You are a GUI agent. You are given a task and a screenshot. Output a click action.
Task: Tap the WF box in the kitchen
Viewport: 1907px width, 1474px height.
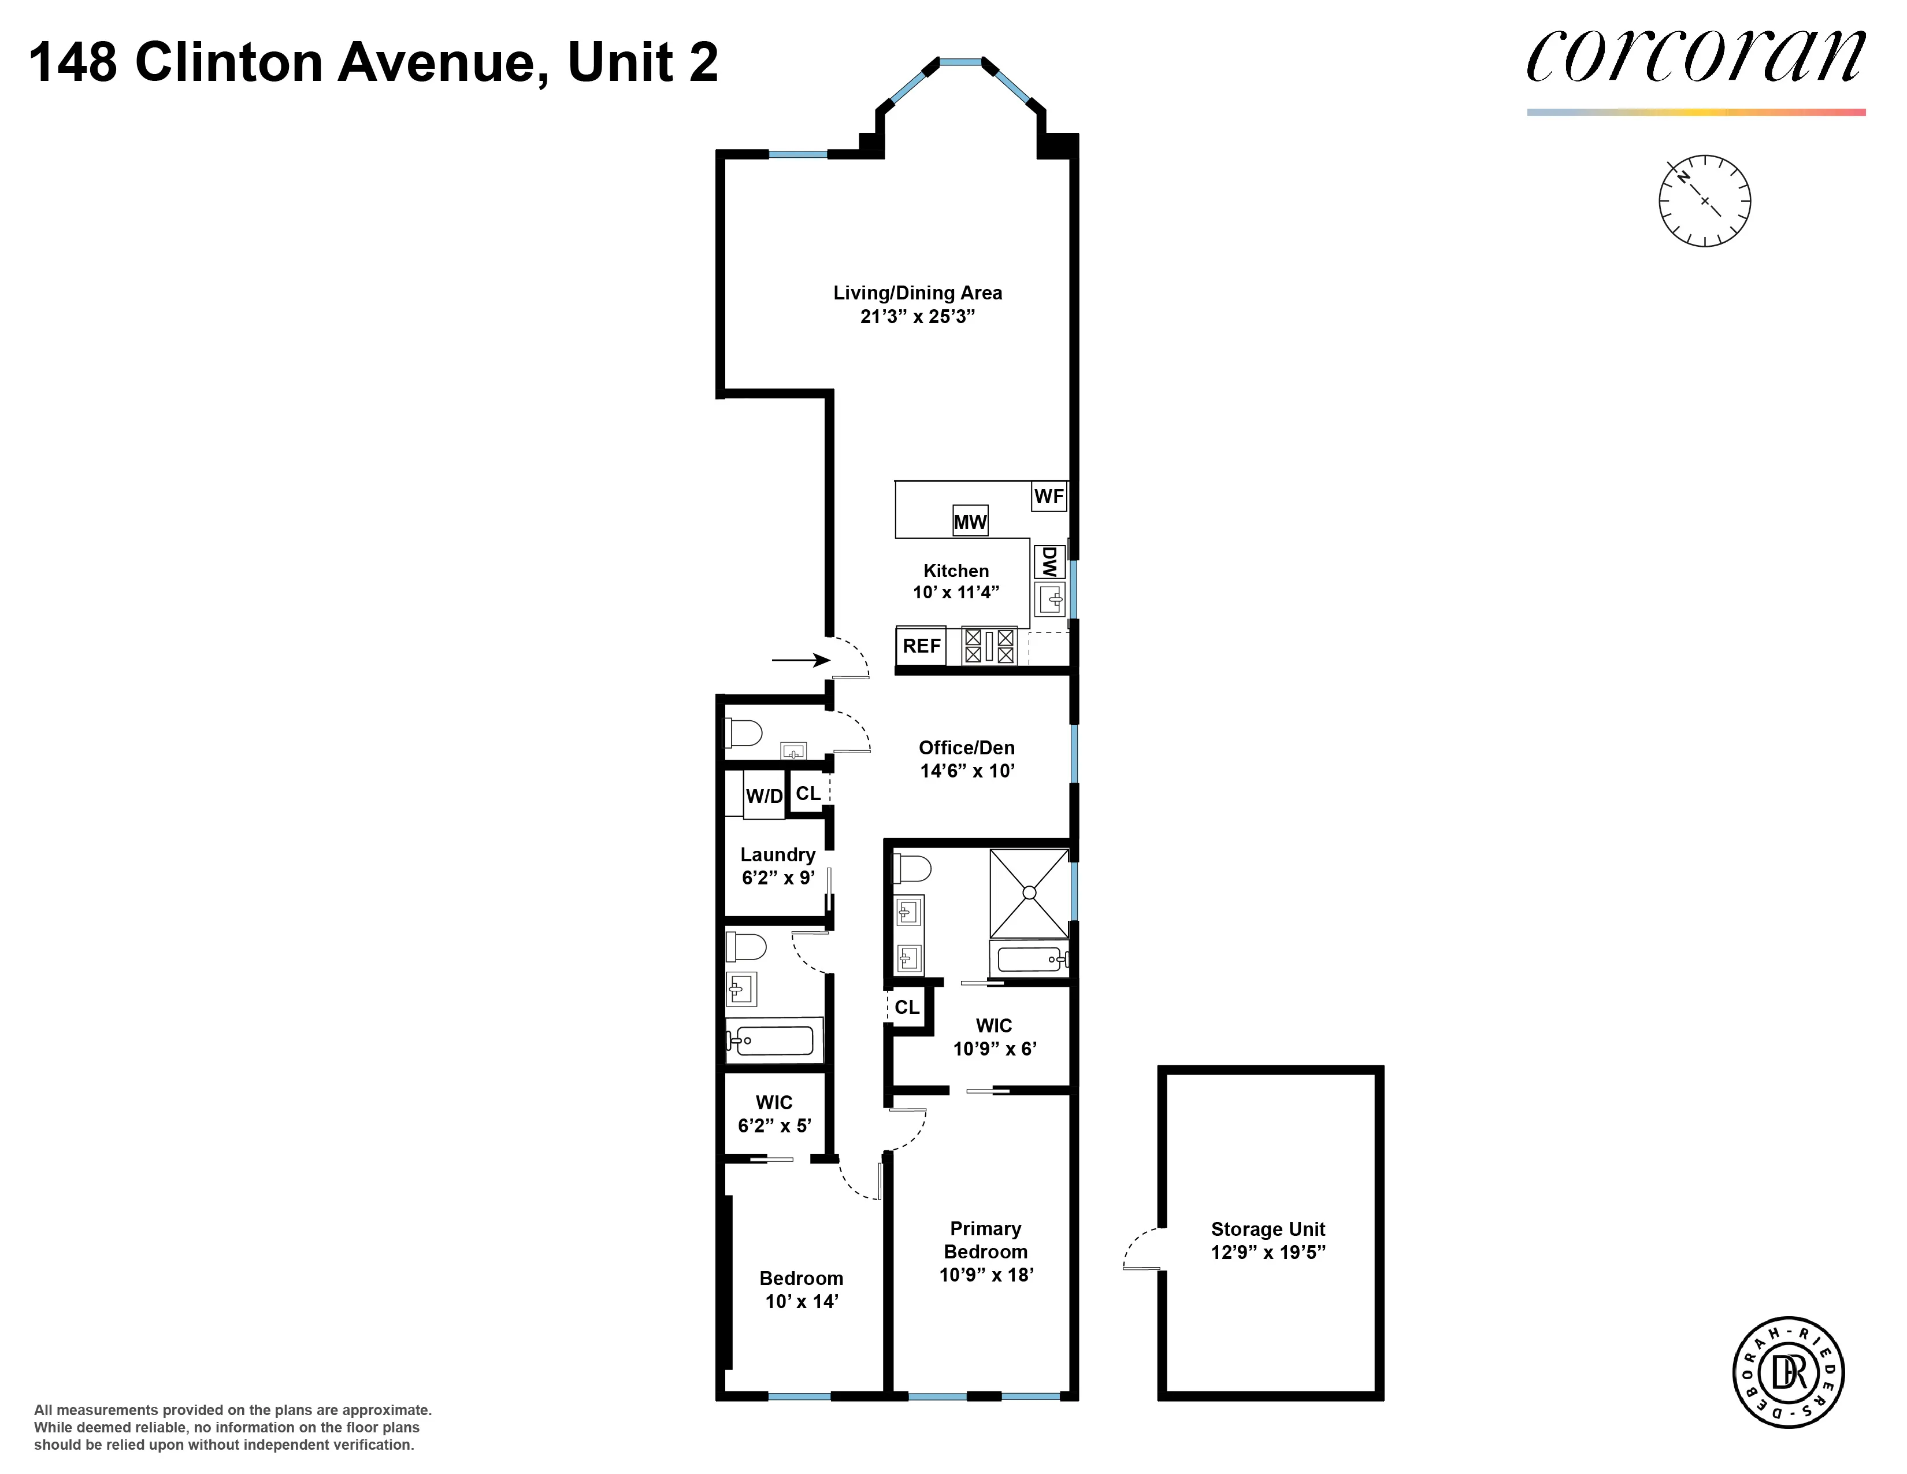[1049, 496]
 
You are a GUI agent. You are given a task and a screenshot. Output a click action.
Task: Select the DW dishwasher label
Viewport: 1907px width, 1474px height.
[1049, 561]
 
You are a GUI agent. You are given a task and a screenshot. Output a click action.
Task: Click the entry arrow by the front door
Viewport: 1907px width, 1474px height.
[800, 660]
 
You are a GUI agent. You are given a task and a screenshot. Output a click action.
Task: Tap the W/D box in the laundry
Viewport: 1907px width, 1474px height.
[764, 795]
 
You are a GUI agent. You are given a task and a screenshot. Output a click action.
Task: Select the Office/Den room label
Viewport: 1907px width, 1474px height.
[967, 747]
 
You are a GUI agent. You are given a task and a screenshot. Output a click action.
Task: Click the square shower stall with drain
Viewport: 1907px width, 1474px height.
[1029, 892]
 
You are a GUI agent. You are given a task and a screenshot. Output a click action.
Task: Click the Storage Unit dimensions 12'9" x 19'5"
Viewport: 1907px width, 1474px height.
[1268, 1252]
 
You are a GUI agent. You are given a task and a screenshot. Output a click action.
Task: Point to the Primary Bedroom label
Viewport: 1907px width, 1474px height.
[986, 1240]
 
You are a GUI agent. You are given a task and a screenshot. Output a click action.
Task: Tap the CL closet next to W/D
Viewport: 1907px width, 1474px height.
[808, 793]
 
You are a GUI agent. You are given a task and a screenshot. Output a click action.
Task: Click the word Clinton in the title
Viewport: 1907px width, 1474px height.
[229, 63]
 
